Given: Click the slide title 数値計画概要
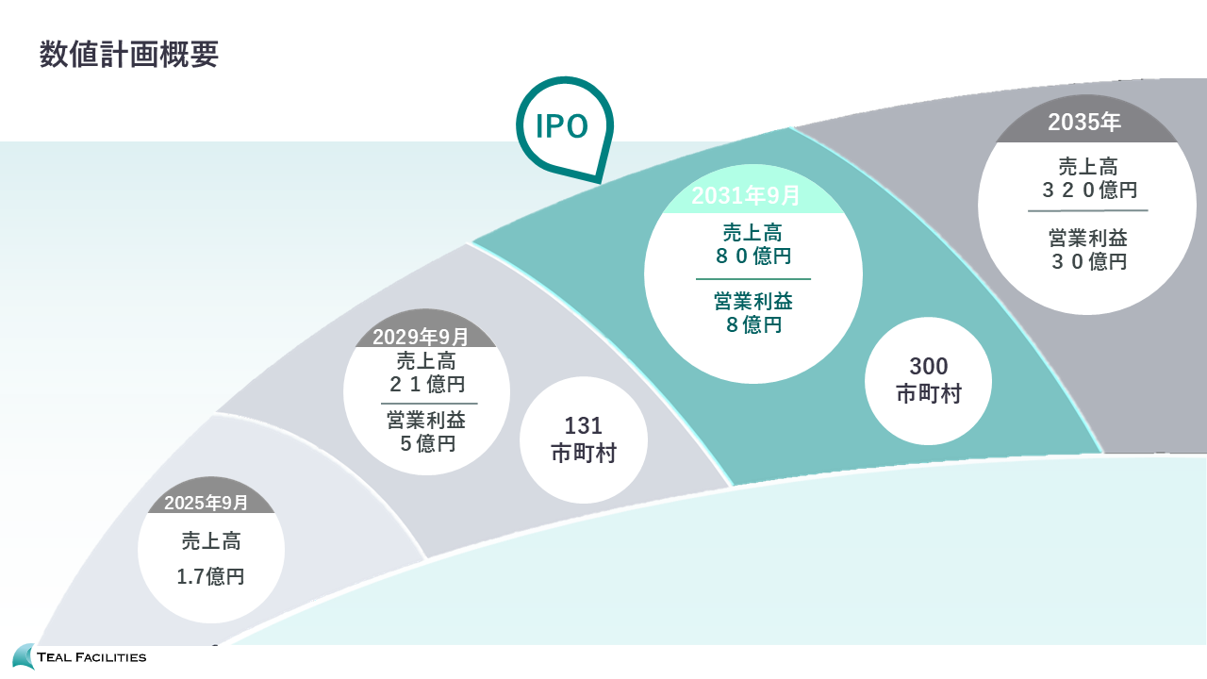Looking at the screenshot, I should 129,55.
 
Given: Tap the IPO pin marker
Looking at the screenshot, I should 563,126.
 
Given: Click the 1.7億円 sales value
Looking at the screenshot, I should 211,576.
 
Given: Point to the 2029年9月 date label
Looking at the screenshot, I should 421,337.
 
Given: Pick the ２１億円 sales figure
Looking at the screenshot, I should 427,384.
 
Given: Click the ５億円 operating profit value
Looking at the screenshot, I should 427,442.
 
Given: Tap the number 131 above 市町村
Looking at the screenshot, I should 584,426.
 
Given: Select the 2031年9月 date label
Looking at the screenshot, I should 746,196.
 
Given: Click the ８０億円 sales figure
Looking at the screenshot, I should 752,256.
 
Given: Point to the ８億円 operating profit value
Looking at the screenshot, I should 752,325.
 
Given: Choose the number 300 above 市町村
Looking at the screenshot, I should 929,366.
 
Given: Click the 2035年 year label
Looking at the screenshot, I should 1084,122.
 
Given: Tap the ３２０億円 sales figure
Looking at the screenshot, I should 1088,190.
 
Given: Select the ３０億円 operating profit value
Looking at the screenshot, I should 1088,261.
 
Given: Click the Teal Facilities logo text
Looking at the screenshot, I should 91,656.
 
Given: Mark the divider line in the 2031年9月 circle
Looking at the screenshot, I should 752,279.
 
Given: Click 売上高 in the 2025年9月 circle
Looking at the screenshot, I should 211,541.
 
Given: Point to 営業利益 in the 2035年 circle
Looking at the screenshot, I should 1088,238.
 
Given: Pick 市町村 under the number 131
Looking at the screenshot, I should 584,454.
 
